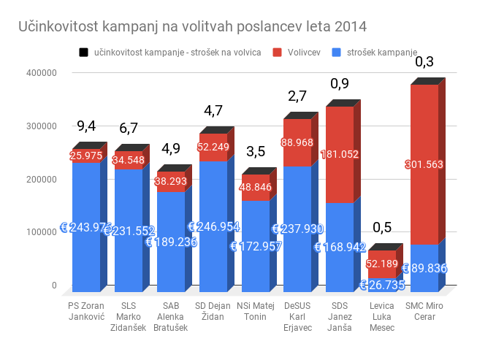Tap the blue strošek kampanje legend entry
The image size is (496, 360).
click(373, 53)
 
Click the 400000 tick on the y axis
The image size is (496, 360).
click(41, 73)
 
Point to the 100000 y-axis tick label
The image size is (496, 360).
click(41, 232)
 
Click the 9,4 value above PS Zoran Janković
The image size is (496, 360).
click(86, 125)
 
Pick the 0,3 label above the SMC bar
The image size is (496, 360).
click(424, 61)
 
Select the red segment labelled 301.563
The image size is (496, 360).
click(424, 165)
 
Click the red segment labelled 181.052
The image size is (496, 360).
click(340, 154)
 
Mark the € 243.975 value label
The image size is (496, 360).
click(86, 227)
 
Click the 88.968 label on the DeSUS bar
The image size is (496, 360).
click(297, 142)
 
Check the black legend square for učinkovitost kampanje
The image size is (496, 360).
click(83, 53)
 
